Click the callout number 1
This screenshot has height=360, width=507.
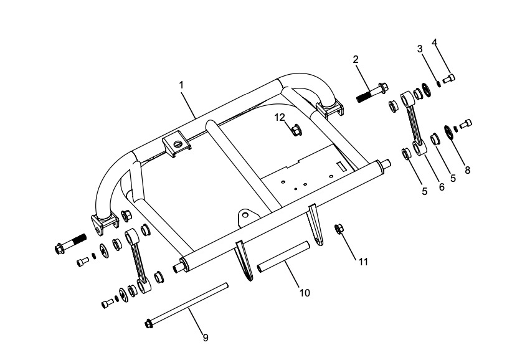coord(182,83)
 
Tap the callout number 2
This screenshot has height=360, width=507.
coord(356,60)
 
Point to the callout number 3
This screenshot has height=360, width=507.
coord(420,49)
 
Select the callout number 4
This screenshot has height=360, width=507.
coord(435,42)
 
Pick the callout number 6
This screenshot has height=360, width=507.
coord(442,186)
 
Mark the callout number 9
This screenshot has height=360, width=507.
coord(205,338)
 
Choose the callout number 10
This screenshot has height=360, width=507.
coord(305,291)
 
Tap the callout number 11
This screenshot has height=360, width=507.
coord(363,262)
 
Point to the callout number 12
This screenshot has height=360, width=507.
coord(280,116)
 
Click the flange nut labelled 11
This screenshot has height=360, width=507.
coord(340,229)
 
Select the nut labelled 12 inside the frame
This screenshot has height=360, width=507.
coord(296,130)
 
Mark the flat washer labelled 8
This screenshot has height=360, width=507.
coord(447,133)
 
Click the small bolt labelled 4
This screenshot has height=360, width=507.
coord(450,77)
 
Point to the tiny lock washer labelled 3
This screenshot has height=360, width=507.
coord(439,81)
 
